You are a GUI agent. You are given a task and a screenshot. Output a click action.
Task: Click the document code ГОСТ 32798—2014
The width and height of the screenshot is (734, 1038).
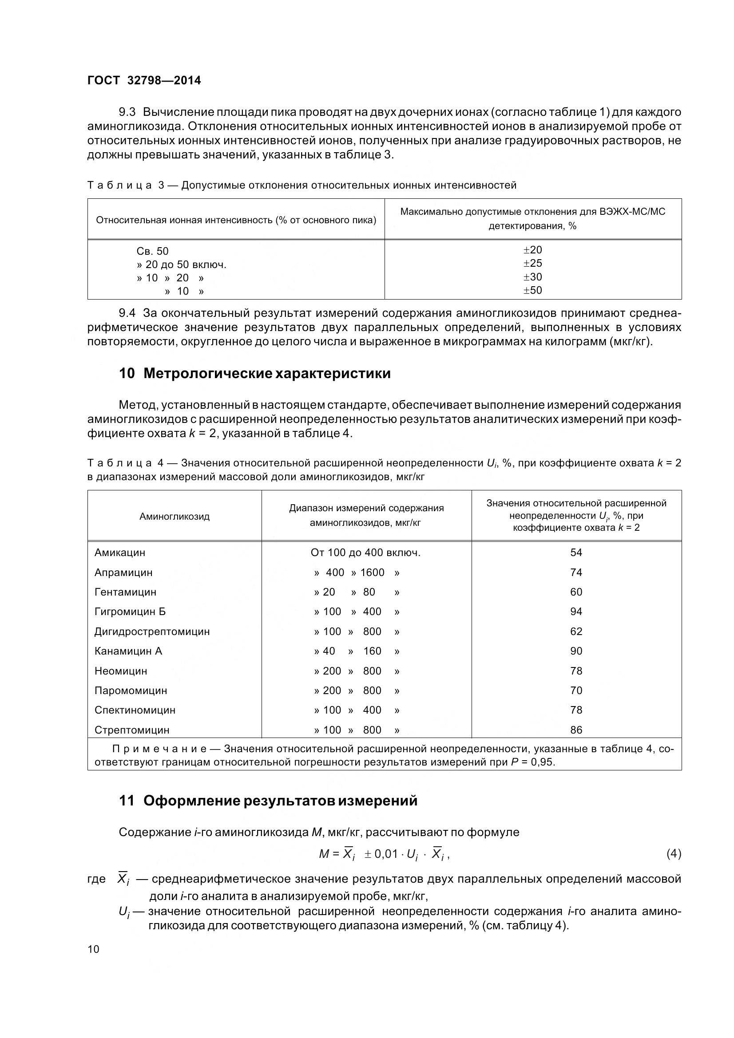144,80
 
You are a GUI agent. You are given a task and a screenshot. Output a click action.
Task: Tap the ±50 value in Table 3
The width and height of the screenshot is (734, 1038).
533,290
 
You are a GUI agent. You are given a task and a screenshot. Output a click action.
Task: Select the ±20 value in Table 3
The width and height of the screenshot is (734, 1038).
533,250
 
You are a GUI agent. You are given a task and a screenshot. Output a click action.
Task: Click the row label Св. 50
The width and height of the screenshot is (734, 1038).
152,251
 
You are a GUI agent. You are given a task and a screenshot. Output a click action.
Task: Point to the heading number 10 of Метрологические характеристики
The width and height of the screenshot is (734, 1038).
127,374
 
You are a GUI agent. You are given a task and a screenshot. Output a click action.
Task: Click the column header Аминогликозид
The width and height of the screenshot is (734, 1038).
175,516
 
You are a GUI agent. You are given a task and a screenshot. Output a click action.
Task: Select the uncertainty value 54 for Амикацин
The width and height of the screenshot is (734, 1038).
576,553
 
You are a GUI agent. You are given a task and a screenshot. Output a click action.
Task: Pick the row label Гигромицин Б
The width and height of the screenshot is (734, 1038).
130,612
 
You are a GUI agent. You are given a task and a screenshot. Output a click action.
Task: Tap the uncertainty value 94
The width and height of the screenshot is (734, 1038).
576,612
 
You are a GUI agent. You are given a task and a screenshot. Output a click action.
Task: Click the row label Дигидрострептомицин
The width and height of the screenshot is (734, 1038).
152,631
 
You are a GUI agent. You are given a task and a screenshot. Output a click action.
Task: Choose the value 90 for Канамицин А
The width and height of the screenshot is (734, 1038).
576,651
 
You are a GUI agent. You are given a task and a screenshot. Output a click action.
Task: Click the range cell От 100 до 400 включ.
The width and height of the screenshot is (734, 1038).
365,553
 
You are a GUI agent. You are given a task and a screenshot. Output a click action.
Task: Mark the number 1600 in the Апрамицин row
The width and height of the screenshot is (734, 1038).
372,573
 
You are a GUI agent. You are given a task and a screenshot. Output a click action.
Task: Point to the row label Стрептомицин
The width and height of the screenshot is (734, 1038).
132,730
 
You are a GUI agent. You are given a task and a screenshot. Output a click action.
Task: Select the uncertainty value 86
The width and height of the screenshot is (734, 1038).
576,730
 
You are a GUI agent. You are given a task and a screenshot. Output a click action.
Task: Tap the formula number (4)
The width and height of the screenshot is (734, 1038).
674,854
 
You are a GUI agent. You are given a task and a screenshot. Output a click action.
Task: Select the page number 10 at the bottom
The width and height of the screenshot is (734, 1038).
93,949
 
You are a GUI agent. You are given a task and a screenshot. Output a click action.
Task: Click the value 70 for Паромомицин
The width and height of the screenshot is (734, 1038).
576,691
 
